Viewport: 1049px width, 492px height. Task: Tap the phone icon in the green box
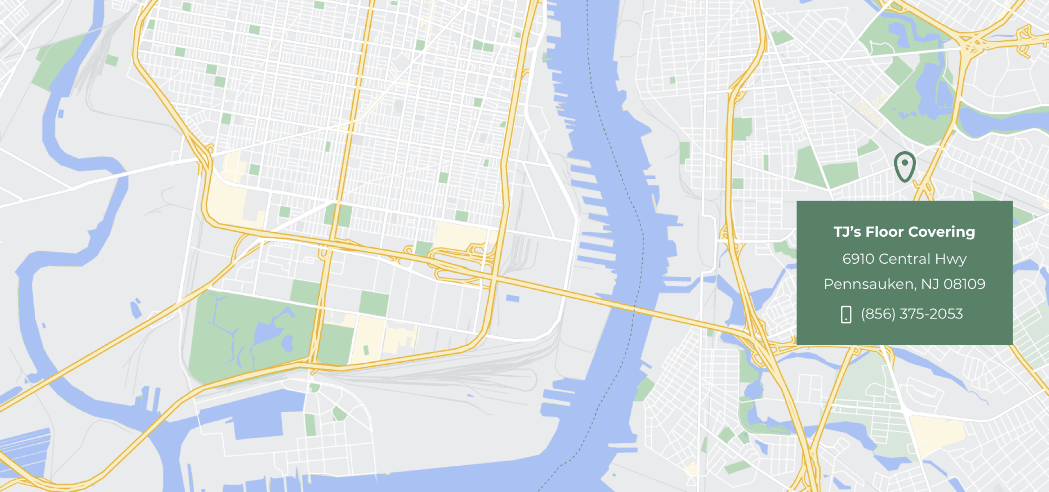click(846, 314)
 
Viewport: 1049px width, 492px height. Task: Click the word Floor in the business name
click(884, 232)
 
